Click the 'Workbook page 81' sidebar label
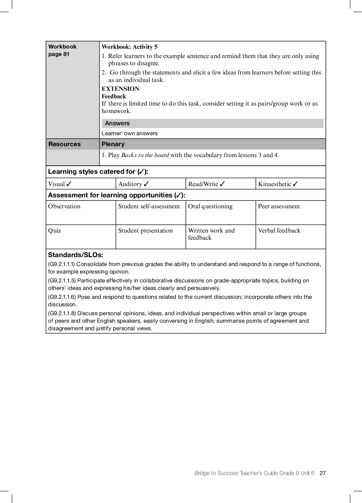pyautogui.click(x=62, y=50)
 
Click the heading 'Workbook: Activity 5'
pyautogui.click(x=130, y=47)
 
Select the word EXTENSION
pyautogui.click(x=120, y=89)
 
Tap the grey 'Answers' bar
pyautogui.click(x=212, y=123)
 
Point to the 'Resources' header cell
pyautogui.click(x=65, y=144)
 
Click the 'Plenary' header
pyautogui.click(x=113, y=144)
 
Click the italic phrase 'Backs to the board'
pyautogui.click(x=145, y=155)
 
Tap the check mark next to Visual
pyautogui.click(x=69, y=184)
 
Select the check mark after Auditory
pyautogui.click(x=147, y=184)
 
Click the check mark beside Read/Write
pyautogui.click(x=222, y=184)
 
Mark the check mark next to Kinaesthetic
pyautogui.click(x=295, y=184)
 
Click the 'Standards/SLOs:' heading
pyautogui.click(x=76, y=255)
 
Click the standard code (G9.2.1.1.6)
pyautogui.click(x=62, y=297)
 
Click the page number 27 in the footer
pyautogui.click(x=322, y=473)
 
